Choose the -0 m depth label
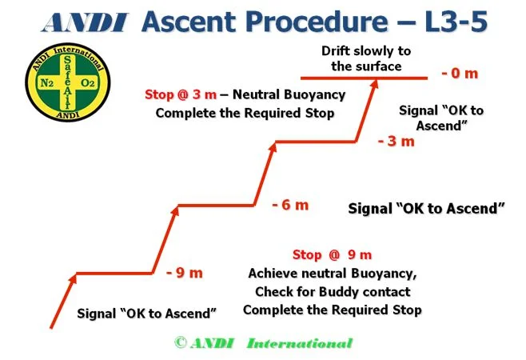pyautogui.click(x=459, y=74)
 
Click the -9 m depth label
pyautogui.click(x=185, y=272)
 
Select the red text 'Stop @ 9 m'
pyautogui.click(x=332, y=255)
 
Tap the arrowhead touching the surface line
pyautogui.click(x=373, y=84)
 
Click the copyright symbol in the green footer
pyautogui.click(x=180, y=343)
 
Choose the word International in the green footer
pyautogui.click(x=299, y=343)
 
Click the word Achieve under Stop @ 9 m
pyautogui.click(x=273, y=274)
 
